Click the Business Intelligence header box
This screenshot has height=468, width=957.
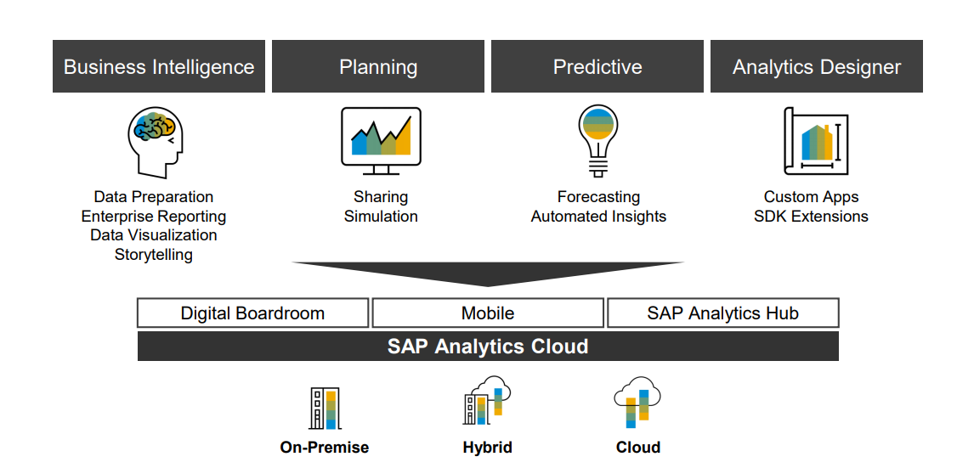click(159, 66)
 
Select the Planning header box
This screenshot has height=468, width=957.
click(378, 66)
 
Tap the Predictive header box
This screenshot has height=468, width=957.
click(597, 66)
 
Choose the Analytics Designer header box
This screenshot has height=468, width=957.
click(817, 66)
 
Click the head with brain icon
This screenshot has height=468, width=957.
click(156, 141)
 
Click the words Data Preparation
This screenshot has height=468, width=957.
click(154, 197)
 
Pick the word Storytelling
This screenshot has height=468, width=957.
click(154, 255)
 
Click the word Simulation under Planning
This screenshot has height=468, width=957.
click(381, 217)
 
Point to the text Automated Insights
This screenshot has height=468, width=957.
click(598, 217)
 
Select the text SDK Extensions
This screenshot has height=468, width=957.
click(811, 217)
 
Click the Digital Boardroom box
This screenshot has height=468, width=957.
click(252, 313)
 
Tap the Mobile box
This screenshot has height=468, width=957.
click(488, 313)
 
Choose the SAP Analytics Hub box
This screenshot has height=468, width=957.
click(722, 313)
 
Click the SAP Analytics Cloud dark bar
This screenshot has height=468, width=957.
click(488, 347)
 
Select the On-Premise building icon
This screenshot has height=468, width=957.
click(325, 409)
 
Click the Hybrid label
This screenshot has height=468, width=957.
click(488, 448)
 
